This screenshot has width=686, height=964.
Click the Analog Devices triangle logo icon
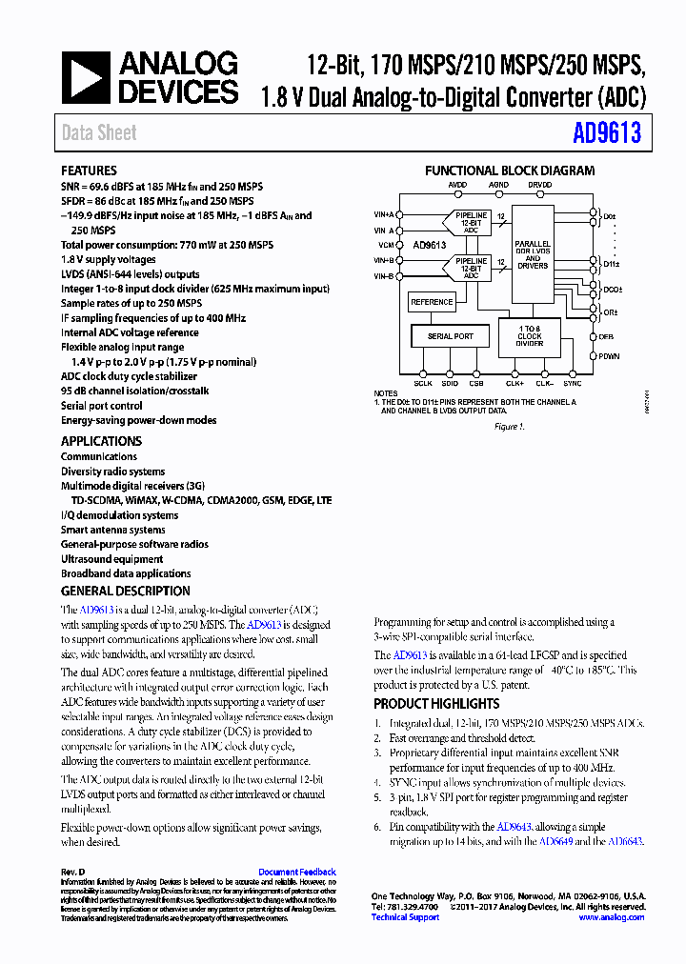(87, 78)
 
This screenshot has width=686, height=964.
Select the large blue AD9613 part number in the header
(607, 133)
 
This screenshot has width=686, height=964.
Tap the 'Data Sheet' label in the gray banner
(99, 133)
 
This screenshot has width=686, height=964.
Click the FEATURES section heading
(89, 171)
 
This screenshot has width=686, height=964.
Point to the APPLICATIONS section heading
(101, 441)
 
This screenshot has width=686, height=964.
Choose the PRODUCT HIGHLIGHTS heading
(435, 704)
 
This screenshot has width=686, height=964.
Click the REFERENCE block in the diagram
(432, 302)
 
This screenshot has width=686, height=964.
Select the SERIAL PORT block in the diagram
(450, 336)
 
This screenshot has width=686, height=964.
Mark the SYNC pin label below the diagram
(572, 383)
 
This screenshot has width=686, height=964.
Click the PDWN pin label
(610, 355)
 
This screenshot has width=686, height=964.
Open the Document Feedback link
(296, 872)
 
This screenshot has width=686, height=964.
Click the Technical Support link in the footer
(405, 917)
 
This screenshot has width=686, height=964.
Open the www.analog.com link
(611, 917)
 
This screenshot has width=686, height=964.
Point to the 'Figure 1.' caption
(509, 427)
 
